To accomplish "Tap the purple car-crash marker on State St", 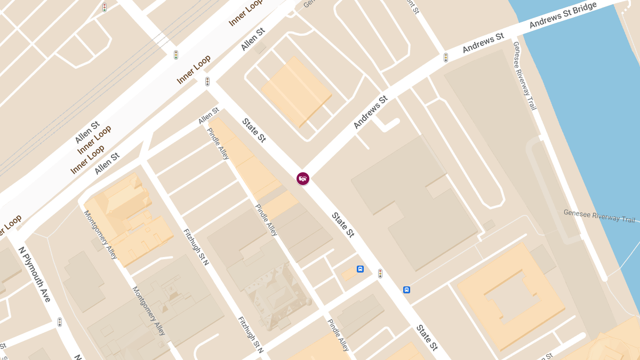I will click(x=303, y=179).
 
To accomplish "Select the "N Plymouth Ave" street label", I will click(x=35, y=274).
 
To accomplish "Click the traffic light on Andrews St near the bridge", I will click(x=446, y=58).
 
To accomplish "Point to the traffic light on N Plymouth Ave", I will click(x=60, y=322).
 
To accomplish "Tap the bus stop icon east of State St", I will click(x=406, y=290).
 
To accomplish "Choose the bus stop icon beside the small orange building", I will click(x=361, y=269).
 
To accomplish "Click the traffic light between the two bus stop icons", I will click(x=380, y=274).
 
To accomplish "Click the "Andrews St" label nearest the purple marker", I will click(x=371, y=112).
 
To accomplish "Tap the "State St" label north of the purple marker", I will click(x=254, y=130).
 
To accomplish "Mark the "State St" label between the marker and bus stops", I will click(x=343, y=225).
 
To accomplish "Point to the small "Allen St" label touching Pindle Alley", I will click(x=209, y=116).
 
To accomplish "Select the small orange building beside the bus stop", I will click(x=348, y=274).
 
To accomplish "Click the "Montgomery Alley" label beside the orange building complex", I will click(x=100, y=235).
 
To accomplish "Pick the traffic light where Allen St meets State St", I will click(x=207, y=82).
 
